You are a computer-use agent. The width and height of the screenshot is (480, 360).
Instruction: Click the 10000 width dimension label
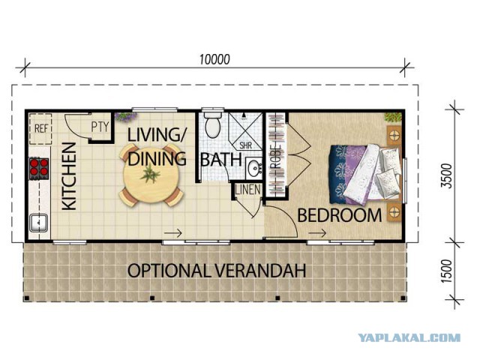(214, 59)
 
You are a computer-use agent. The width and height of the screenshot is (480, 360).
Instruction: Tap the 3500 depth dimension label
(447, 176)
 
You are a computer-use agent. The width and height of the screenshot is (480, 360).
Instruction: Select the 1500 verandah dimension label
(447, 271)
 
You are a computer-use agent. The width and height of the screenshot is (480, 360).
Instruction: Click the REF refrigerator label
(41, 128)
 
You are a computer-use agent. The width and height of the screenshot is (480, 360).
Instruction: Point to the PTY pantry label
(100, 127)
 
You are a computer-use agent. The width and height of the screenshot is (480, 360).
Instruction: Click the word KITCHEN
(69, 177)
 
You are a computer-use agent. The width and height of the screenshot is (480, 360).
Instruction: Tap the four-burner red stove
(39, 168)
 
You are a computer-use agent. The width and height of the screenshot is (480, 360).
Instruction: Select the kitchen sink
(38, 223)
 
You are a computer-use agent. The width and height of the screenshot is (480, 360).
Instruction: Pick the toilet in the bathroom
(213, 124)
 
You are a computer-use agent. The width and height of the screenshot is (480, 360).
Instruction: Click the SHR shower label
(245, 145)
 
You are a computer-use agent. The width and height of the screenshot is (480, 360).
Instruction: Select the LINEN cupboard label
(248, 190)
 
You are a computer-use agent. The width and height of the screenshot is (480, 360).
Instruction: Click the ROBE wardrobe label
(276, 157)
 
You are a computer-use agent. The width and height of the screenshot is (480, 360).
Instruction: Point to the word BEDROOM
(340, 215)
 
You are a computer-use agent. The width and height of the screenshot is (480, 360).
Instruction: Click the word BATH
(221, 160)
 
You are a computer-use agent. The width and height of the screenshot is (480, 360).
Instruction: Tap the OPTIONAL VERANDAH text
(217, 271)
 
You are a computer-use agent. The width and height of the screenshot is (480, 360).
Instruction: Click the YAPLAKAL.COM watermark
(409, 337)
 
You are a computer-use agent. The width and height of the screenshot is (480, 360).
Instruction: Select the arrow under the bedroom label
(317, 233)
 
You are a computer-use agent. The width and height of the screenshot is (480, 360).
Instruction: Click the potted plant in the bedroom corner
(393, 118)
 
